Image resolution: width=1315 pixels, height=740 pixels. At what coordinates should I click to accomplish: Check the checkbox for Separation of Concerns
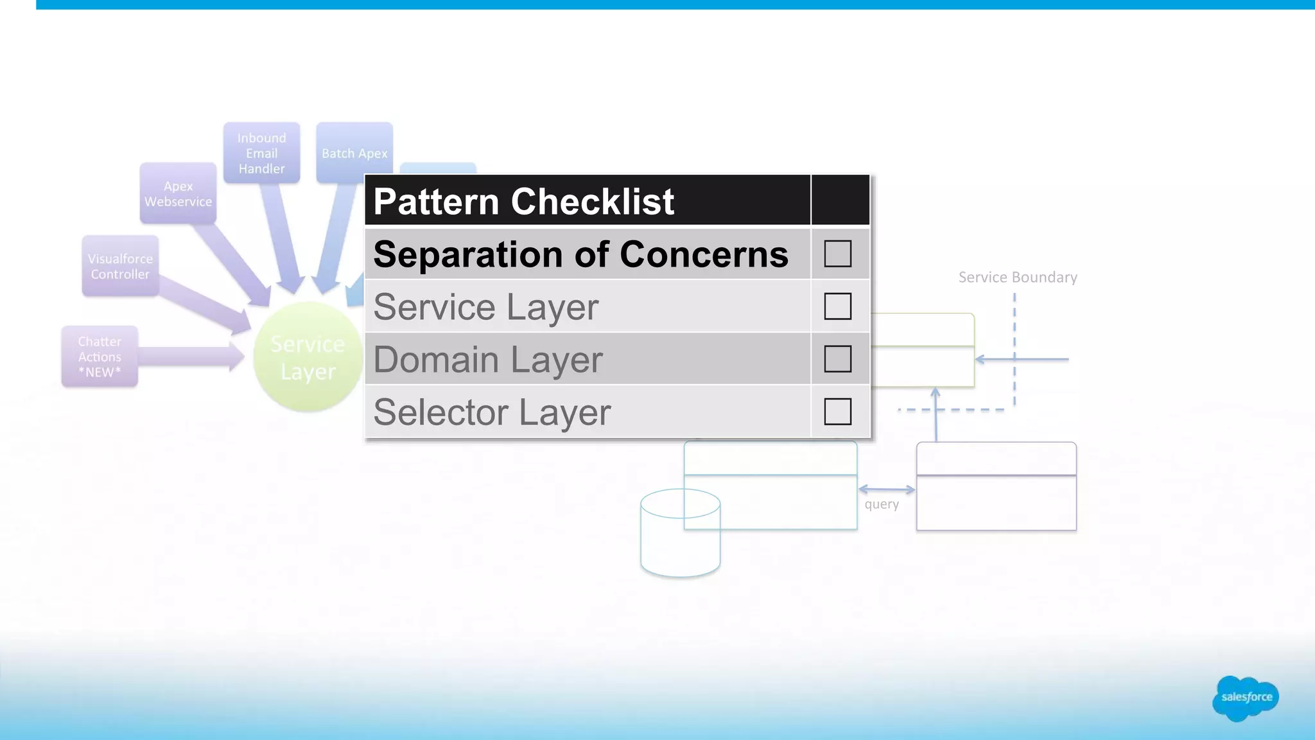(x=837, y=254)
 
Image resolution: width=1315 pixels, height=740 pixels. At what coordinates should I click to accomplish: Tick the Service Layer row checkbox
(x=837, y=306)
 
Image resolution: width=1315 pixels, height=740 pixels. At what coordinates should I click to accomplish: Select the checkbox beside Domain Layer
(x=837, y=359)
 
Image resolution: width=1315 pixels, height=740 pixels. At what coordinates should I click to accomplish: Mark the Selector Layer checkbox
(x=837, y=412)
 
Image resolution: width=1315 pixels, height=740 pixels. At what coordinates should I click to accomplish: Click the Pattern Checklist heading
(x=523, y=202)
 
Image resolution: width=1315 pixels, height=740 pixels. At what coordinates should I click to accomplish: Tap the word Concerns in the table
(x=704, y=254)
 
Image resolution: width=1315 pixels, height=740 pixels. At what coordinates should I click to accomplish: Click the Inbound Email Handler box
(x=261, y=153)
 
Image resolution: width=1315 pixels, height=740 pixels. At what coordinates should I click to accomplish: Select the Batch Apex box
(x=354, y=153)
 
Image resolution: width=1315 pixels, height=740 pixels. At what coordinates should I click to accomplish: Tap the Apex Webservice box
(x=178, y=193)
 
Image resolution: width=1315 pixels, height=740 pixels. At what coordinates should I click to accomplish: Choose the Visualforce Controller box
(x=120, y=266)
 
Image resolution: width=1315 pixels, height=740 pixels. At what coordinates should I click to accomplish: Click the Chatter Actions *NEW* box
(x=100, y=357)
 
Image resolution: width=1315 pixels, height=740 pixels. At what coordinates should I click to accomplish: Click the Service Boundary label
(x=1018, y=277)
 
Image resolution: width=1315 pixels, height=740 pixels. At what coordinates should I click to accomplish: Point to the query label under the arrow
(x=882, y=504)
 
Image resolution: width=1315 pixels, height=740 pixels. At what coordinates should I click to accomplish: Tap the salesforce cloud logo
(x=1246, y=698)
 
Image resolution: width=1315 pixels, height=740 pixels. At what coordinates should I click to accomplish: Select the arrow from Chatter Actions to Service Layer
(x=189, y=357)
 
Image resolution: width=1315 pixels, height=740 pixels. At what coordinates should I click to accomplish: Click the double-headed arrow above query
(x=886, y=489)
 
